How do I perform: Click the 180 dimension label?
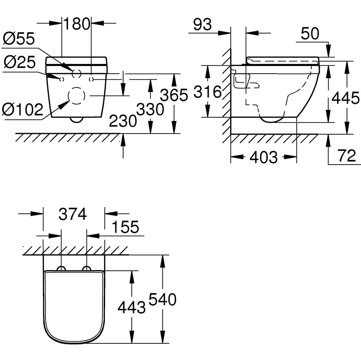click(77, 24)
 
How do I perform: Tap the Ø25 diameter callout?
click(19, 63)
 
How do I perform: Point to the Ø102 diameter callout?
click(22, 109)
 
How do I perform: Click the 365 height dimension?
click(174, 95)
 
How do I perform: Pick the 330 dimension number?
click(150, 109)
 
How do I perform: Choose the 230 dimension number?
click(123, 121)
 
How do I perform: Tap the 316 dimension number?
click(207, 92)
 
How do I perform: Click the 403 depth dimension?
click(264, 157)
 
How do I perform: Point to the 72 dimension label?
click(347, 156)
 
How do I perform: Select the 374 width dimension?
click(73, 215)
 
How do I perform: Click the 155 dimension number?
click(125, 227)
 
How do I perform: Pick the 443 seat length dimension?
click(132, 307)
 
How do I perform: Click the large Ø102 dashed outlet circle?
click(76, 96)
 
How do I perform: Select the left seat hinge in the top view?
click(62, 268)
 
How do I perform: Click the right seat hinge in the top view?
click(87, 268)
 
